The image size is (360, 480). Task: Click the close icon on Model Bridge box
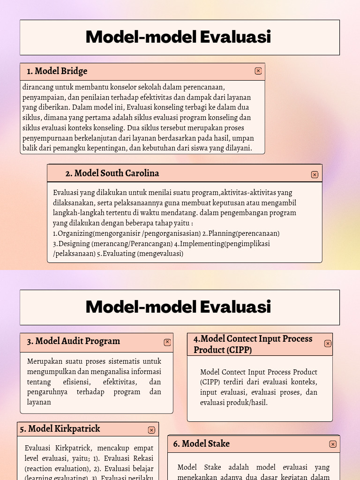click(x=258, y=71)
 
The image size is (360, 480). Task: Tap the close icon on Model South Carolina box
click(x=315, y=174)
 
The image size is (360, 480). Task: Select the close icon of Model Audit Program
click(x=167, y=342)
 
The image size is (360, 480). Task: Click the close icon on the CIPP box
click(x=328, y=343)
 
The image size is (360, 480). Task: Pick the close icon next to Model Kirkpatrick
click(x=151, y=430)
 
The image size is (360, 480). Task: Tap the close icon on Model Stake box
click(x=333, y=444)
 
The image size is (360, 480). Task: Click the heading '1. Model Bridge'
click(x=57, y=71)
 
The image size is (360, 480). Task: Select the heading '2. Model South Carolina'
click(x=112, y=173)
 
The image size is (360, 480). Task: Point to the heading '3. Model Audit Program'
click(x=73, y=341)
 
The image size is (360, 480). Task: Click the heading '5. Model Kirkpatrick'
click(x=60, y=429)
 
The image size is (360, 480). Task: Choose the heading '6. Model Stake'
click(x=201, y=443)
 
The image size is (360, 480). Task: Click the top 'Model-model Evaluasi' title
click(x=179, y=37)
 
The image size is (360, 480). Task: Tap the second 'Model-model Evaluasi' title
click(x=179, y=307)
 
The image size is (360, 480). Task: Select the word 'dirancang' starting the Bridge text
click(x=37, y=87)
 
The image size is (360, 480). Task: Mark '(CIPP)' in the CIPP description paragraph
click(x=210, y=382)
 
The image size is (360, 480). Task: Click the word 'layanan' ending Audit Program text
click(x=39, y=402)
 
